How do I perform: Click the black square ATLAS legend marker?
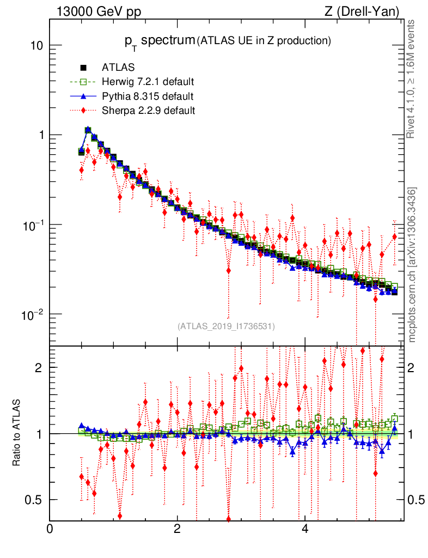(x=84, y=68)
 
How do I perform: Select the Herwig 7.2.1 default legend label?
(x=148, y=82)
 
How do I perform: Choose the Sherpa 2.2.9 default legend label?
(x=148, y=111)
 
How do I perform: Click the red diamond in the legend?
(x=84, y=111)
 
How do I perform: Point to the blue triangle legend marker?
(x=84, y=96)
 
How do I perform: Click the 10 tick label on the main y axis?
(x=37, y=45)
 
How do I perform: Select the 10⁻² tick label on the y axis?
(x=34, y=314)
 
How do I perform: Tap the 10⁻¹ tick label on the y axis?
(x=34, y=225)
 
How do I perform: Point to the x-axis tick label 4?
(x=305, y=529)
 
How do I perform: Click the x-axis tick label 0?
(x=50, y=529)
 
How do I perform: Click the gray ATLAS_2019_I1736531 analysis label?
(x=226, y=326)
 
